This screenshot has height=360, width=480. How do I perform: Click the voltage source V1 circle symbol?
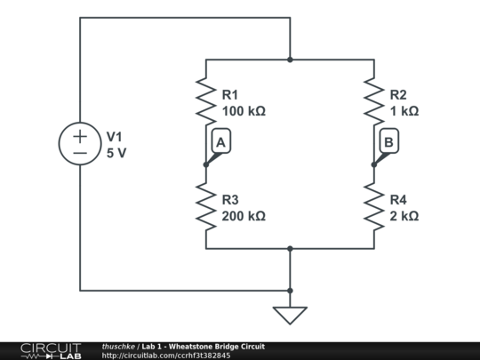pyautogui.click(x=80, y=145)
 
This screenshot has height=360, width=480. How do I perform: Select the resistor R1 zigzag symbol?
pyautogui.click(x=206, y=102)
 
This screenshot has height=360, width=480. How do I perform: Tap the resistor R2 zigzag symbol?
pyautogui.click(x=374, y=102)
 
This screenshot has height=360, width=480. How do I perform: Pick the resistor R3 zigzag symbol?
pyautogui.click(x=206, y=207)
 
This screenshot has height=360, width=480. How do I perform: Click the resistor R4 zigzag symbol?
pyautogui.click(x=374, y=207)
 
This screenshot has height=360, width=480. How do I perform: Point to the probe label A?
pyautogui.click(x=221, y=141)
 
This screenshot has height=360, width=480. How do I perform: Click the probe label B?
pyautogui.click(x=388, y=141)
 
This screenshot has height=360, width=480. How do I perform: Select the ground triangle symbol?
pyautogui.click(x=290, y=316)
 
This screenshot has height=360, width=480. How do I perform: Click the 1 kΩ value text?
pyautogui.click(x=404, y=112)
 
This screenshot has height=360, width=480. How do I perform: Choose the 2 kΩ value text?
pyautogui.click(x=404, y=216)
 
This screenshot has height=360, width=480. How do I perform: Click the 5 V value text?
pyautogui.click(x=116, y=153)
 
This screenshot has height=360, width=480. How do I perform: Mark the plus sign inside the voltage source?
pyautogui.click(x=80, y=136)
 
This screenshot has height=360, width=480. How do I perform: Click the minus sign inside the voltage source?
pyautogui.click(x=80, y=154)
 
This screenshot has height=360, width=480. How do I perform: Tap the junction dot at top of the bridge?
pyautogui.click(x=290, y=60)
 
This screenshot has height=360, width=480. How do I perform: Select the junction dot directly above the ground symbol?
pyautogui.click(x=290, y=290)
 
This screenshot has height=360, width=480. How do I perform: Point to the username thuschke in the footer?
pyautogui.click(x=118, y=346)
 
